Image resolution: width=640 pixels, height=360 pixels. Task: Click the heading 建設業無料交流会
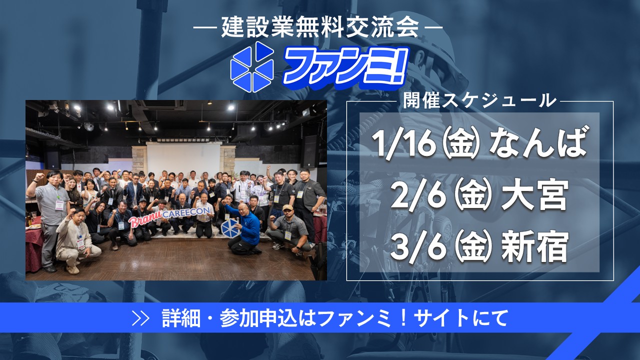pyautogui.click(x=320, y=27)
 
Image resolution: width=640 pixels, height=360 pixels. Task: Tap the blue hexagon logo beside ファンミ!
pyautogui.click(x=252, y=67)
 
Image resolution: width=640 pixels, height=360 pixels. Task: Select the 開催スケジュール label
pyautogui.click(x=479, y=100)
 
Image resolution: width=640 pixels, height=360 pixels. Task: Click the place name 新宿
pyautogui.click(x=534, y=247)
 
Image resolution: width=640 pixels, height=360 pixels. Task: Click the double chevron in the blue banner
pyautogui.click(x=141, y=317)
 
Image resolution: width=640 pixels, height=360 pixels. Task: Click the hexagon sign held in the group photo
pyautogui.click(x=230, y=227)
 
